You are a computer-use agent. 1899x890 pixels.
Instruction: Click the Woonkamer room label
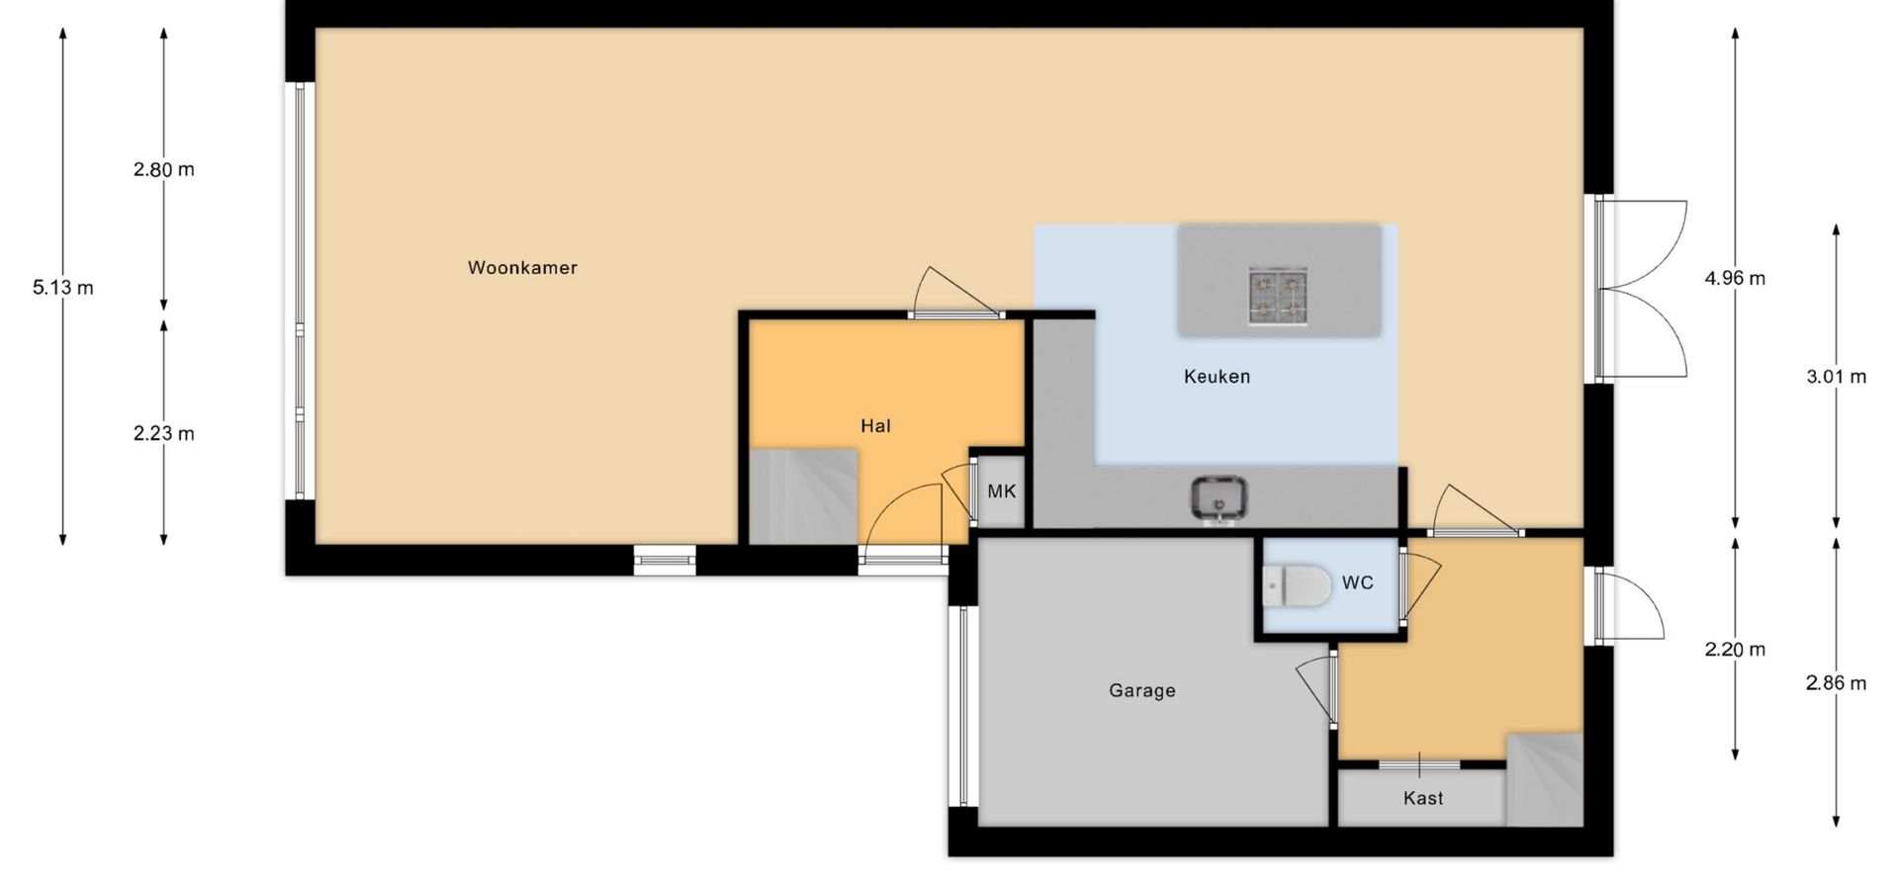pyautogui.click(x=522, y=267)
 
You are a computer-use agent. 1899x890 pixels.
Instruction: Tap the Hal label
pyautogui.click(x=875, y=425)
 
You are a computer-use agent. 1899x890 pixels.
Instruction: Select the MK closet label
pyautogui.click(x=1002, y=490)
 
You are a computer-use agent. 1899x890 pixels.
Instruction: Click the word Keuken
pyautogui.click(x=1217, y=376)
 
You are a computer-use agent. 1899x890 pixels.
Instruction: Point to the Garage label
pyautogui.click(x=1142, y=690)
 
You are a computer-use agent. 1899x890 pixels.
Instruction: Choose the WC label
pyautogui.click(x=1358, y=582)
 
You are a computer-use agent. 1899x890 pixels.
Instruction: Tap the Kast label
pyautogui.click(x=1423, y=798)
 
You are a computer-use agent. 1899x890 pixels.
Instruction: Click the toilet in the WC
pyautogui.click(x=1298, y=586)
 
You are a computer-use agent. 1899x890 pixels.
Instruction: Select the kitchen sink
pyautogui.click(x=1219, y=499)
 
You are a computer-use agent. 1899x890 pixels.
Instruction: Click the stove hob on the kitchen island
pyautogui.click(x=1278, y=296)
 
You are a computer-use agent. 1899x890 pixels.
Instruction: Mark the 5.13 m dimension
pyautogui.click(x=63, y=288)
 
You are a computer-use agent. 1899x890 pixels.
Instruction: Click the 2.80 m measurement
pyautogui.click(x=164, y=169)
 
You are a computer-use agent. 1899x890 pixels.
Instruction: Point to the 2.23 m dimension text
pyautogui.click(x=164, y=433)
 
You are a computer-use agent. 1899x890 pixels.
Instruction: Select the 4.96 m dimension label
pyautogui.click(x=1735, y=278)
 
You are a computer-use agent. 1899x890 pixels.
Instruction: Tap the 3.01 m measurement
pyautogui.click(x=1837, y=376)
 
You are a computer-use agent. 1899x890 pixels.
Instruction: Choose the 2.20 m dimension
pyautogui.click(x=1735, y=649)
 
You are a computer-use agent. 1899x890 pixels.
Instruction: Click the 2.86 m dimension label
pyautogui.click(x=1837, y=682)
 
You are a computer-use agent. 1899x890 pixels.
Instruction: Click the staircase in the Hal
pyautogui.click(x=803, y=496)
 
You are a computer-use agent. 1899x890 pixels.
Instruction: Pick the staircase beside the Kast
pyautogui.click(x=1544, y=779)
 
